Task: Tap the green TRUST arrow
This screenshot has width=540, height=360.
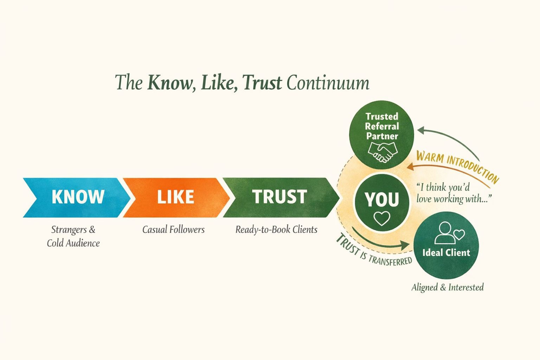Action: pyautogui.click(x=280, y=197)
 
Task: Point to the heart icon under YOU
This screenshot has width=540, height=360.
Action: pyautogui.click(x=382, y=218)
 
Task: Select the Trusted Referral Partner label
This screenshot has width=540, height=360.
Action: pyautogui.click(x=382, y=126)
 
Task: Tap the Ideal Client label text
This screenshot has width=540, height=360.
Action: pyautogui.click(x=446, y=253)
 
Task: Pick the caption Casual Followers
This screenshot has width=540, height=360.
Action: pyautogui.click(x=173, y=230)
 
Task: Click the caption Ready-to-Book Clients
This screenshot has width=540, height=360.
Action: pyautogui.click(x=276, y=230)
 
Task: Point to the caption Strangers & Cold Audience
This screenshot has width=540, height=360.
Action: pyautogui.click(x=73, y=236)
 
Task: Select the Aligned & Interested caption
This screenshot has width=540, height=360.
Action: pyautogui.click(x=448, y=288)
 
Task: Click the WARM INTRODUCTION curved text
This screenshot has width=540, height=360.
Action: pyautogui.click(x=457, y=165)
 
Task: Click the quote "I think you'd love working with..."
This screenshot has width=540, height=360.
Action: pyautogui.click(x=454, y=193)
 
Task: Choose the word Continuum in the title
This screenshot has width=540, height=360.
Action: pyautogui.click(x=328, y=83)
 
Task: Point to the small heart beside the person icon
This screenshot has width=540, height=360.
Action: pyautogui.click(x=459, y=234)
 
